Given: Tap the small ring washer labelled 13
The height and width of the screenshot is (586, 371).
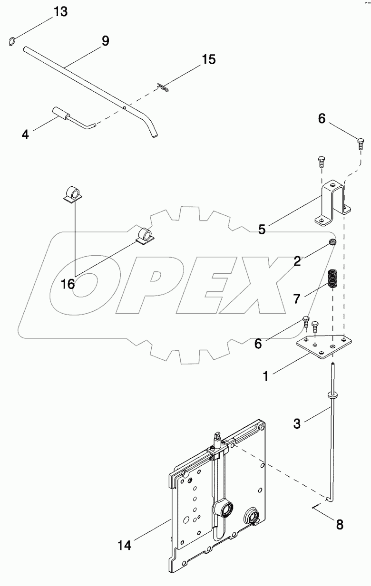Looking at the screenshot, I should tap(13, 42).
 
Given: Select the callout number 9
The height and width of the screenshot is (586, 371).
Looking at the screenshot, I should tap(106, 41).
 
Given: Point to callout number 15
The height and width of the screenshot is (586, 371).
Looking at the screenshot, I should tap(208, 59).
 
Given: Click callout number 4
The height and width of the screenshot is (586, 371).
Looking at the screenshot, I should tap(25, 134).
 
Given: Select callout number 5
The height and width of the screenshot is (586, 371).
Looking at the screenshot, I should tap(262, 229).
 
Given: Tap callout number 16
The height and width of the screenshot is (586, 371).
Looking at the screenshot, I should tap(68, 284).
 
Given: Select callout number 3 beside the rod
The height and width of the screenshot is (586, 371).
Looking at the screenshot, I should tap(297, 423).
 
